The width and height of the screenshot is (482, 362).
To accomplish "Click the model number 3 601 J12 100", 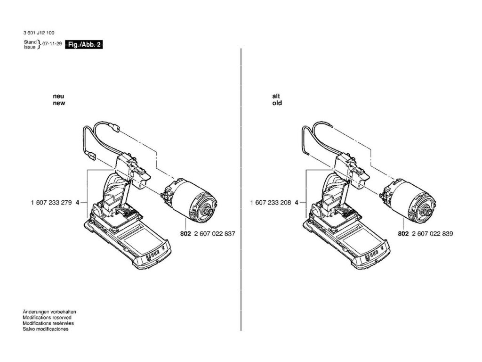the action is [38, 33].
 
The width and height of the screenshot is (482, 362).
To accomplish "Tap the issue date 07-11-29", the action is [51, 43].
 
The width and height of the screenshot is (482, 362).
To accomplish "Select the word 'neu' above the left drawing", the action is [58, 96].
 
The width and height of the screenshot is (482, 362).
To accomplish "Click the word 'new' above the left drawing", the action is [59, 103].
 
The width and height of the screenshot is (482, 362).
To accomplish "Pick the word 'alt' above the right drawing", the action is [276, 96].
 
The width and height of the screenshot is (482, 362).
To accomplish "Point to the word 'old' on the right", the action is [277, 103].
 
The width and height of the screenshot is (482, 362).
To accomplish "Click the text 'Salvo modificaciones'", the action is [46, 329].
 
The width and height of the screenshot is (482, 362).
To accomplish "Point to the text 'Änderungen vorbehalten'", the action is [49, 312].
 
